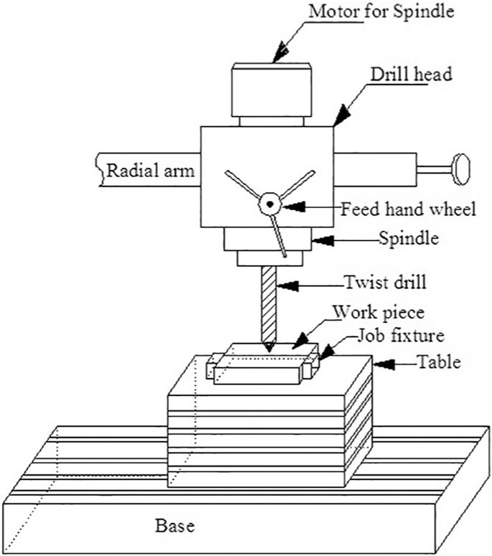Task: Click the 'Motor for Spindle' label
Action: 382,11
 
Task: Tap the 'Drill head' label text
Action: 412,75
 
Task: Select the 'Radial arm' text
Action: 151,171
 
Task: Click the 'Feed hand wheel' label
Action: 408,209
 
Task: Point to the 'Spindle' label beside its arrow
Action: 409,238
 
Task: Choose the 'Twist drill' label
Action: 386,283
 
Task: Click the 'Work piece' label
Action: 379,312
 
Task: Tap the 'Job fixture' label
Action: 401,335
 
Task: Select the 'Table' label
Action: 440,362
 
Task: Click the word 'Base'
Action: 175,525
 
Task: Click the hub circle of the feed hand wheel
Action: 270,204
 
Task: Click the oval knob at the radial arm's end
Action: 461,169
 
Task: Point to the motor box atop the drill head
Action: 272,90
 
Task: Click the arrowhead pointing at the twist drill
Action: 288,286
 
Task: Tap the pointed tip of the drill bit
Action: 269,350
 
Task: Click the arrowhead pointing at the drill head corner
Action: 341,116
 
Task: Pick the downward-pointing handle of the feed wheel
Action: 278,235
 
